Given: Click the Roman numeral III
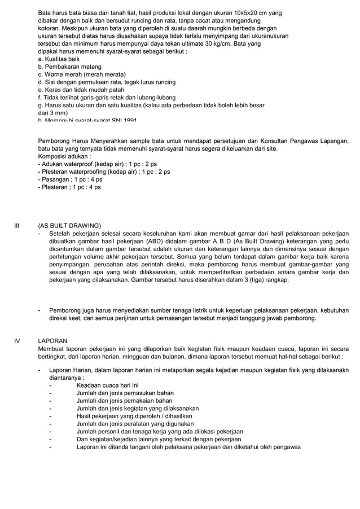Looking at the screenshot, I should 16,225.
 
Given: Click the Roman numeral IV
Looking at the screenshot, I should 17,341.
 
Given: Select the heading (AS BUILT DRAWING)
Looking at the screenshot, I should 69,225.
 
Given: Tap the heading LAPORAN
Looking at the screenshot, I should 52,341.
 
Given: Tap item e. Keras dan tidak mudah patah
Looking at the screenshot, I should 81,90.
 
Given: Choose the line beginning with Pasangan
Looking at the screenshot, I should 69,179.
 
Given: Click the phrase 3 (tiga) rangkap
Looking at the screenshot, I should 264,280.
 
